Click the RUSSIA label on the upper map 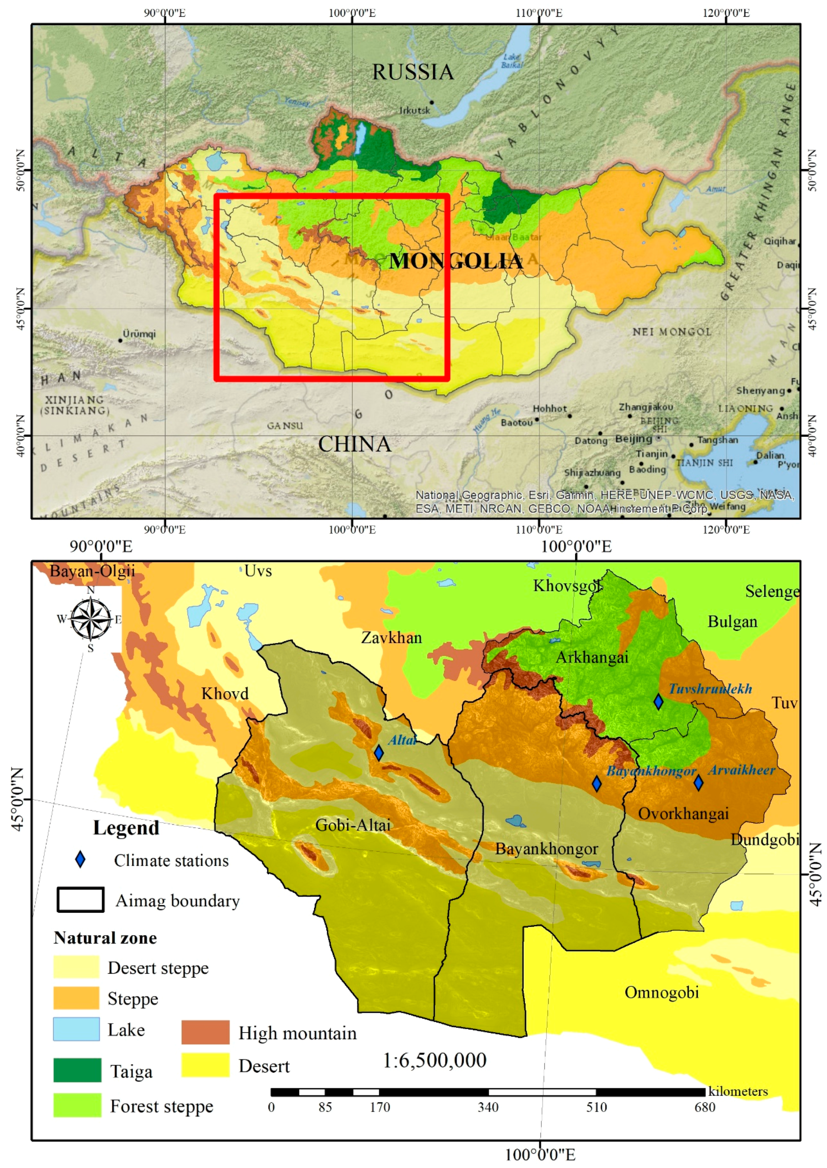coord(412,72)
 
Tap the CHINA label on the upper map coord(355,445)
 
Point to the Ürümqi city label coord(139,334)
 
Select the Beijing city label coord(633,439)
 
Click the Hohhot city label coord(550,409)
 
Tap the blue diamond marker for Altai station coord(378,753)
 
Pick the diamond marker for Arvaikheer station coord(698,783)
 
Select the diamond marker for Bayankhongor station coord(596,784)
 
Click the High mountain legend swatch coord(205,1032)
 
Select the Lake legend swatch coord(76,1029)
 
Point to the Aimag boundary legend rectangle coord(81,899)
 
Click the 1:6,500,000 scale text coord(434,1060)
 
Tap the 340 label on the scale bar coord(487,1107)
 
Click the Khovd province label coord(225,693)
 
